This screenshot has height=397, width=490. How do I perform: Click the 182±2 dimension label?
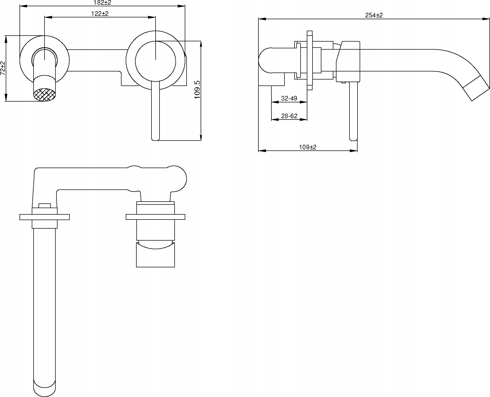click(x=102, y=3)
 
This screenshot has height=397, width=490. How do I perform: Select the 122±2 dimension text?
click(x=100, y=14)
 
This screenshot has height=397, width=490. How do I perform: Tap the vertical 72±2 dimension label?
click(x=3, y=68)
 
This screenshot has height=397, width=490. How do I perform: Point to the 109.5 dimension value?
click(x=198, y=90)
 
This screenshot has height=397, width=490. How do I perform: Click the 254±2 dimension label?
click(x=374, y=15)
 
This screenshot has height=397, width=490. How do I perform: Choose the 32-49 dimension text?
click(x=289, y=98)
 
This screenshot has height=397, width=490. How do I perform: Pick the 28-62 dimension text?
click(x=289, y=116)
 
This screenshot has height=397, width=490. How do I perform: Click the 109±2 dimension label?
click(x=308, y=147)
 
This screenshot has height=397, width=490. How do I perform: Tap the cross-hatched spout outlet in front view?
click(x=44, y=95)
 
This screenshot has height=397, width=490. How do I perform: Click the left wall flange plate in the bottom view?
click(x=44, y=217)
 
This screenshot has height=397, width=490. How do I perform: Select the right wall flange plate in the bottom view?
click(x=155, y=217)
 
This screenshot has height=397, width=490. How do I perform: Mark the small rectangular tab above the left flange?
click(x=44, y=206)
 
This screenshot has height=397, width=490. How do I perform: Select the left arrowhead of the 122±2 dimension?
click(x=48, y=17)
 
